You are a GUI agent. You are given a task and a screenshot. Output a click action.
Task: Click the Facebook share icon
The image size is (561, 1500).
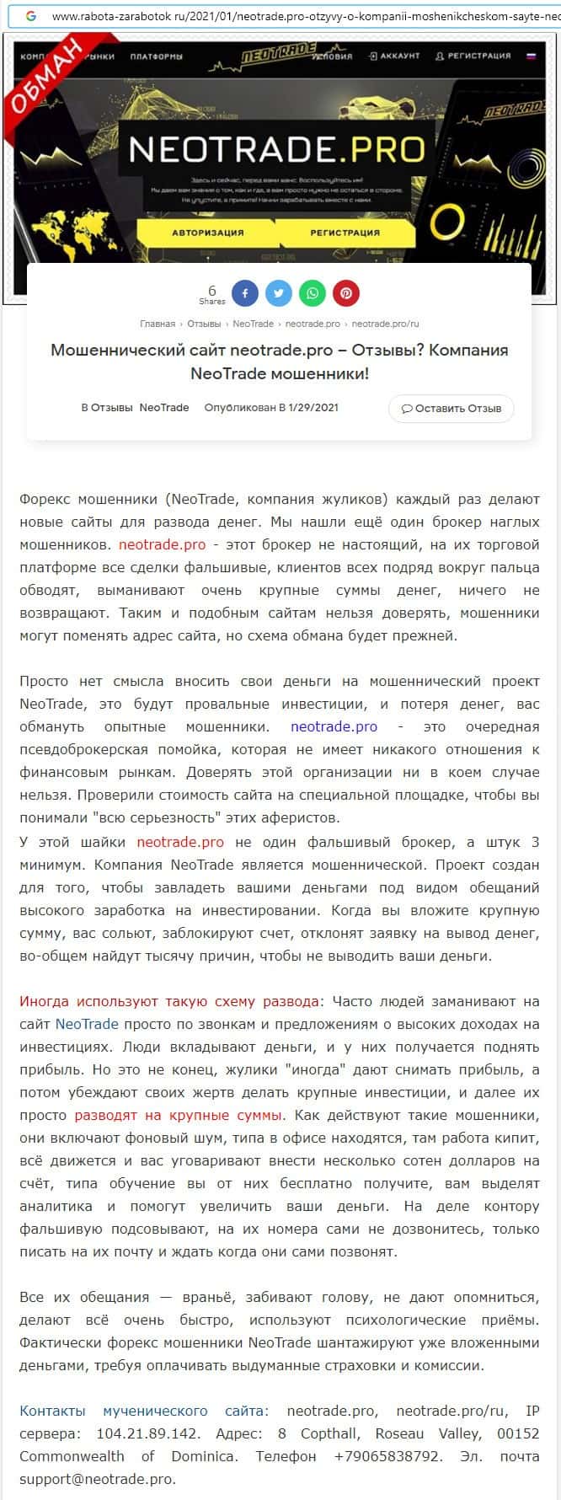click(x=245, y=293)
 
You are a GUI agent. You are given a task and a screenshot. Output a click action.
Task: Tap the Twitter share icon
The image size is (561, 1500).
click(x=279, y=293)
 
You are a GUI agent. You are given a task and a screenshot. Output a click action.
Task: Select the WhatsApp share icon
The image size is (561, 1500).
click(x=313, y=293)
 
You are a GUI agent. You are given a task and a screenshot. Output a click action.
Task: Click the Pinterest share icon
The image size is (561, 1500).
click(x=346, y=293)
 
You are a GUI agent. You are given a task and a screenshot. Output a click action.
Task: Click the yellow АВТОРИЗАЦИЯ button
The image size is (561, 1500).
click(x=208, y=233)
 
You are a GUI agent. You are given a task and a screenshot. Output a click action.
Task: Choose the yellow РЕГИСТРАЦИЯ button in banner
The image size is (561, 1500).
click(x=345, y=233)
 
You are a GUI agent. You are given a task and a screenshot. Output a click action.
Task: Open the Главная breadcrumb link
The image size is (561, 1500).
click(x=158, y=324)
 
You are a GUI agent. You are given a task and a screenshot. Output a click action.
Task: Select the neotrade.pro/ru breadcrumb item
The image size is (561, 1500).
click(x=385, y=324)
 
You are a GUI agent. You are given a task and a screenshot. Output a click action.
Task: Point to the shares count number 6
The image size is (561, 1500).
click(x=212, y=291)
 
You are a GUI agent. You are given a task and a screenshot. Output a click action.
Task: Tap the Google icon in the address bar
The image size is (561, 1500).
click(x=30, y=16)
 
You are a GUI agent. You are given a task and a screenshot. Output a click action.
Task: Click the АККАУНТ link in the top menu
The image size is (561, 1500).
click(x=394, y=56)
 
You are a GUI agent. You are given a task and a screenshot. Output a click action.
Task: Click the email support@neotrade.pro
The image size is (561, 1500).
click(x=98, y=1478)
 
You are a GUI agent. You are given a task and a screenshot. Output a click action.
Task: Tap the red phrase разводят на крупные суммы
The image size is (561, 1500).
click(x=179, y=1115)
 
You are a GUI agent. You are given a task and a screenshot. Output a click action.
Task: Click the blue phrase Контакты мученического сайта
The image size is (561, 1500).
click(x=143, y=1410)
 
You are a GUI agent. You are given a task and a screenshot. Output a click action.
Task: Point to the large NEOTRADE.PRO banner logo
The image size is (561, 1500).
click(x=277, y=149)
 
